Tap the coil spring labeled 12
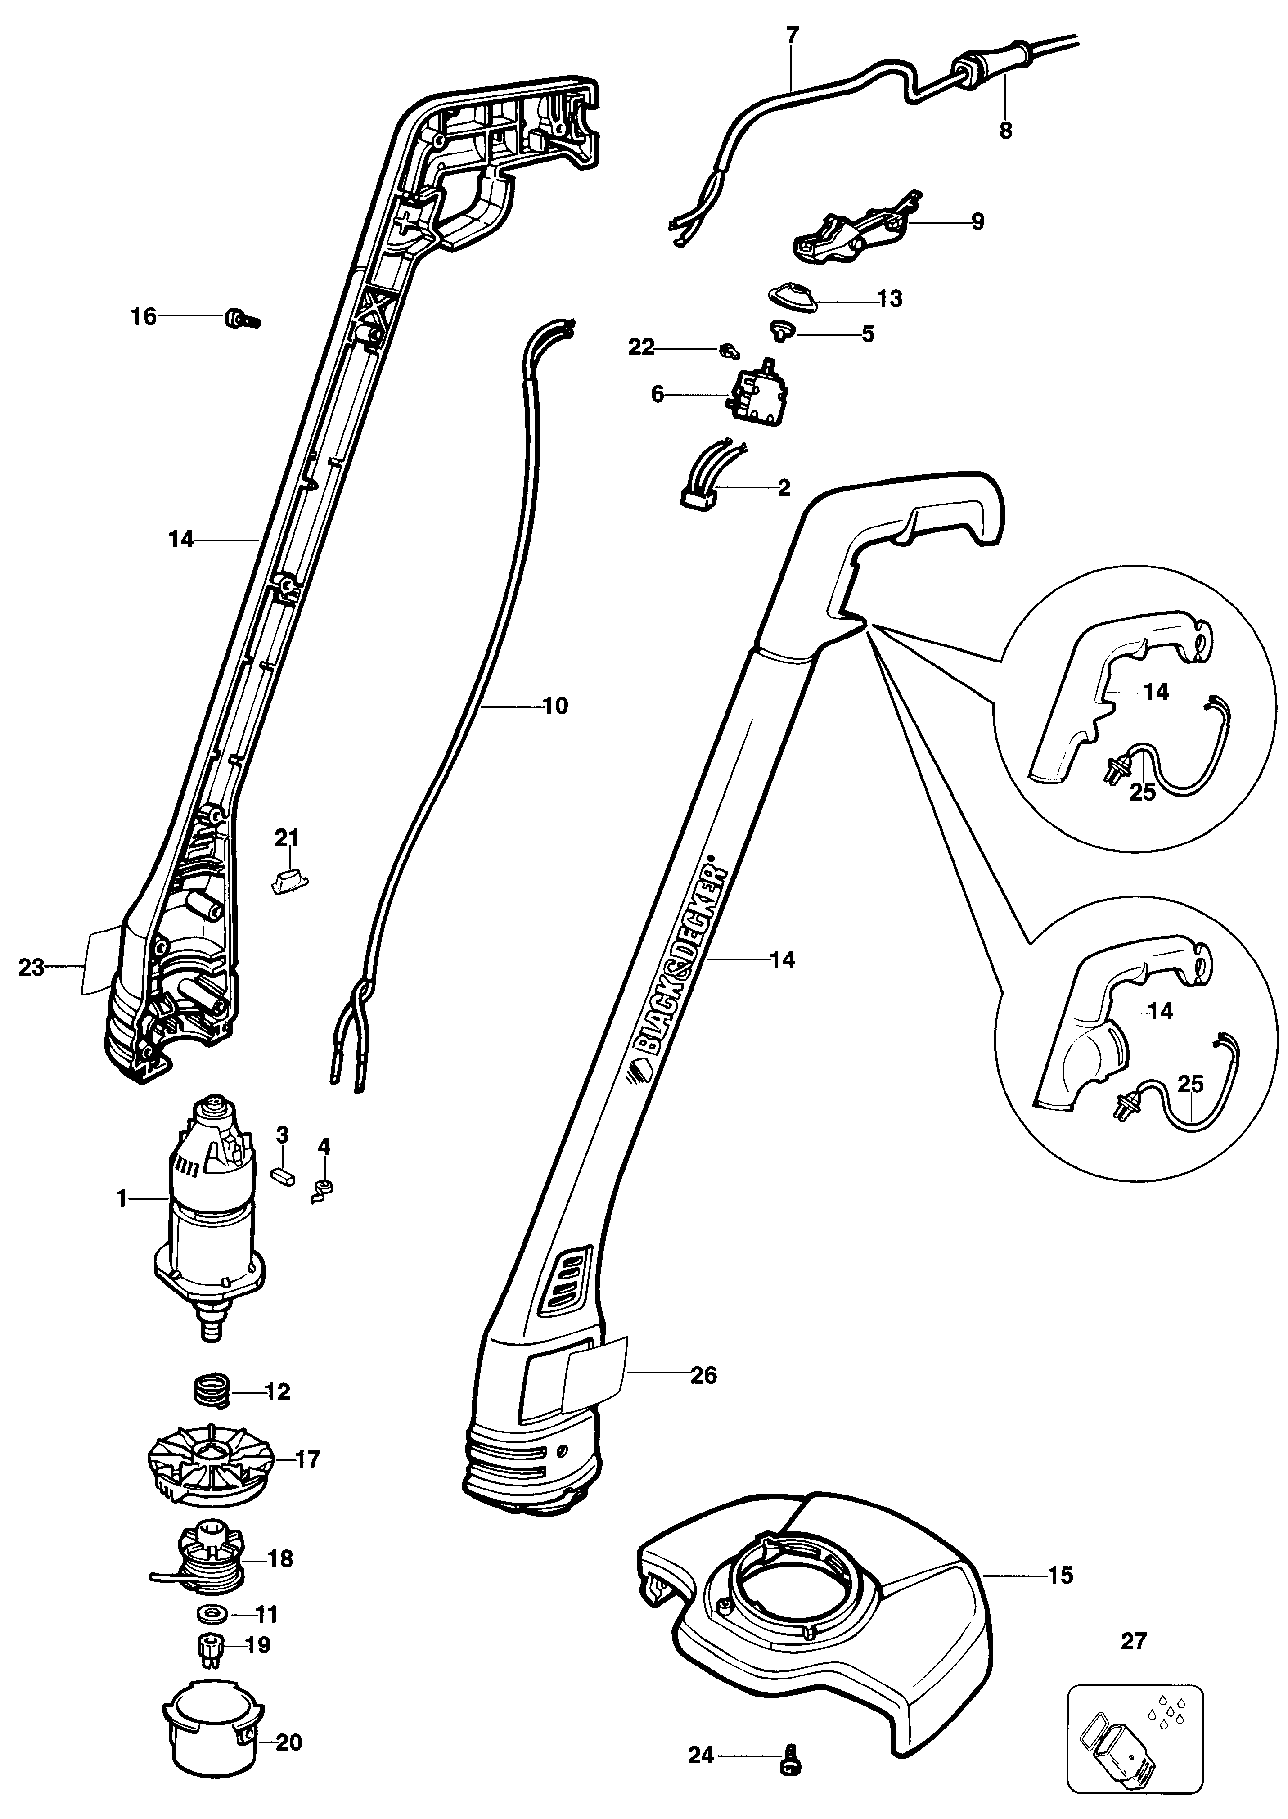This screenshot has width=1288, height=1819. point(212,1391)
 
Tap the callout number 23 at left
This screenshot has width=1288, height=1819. point(31,968)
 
